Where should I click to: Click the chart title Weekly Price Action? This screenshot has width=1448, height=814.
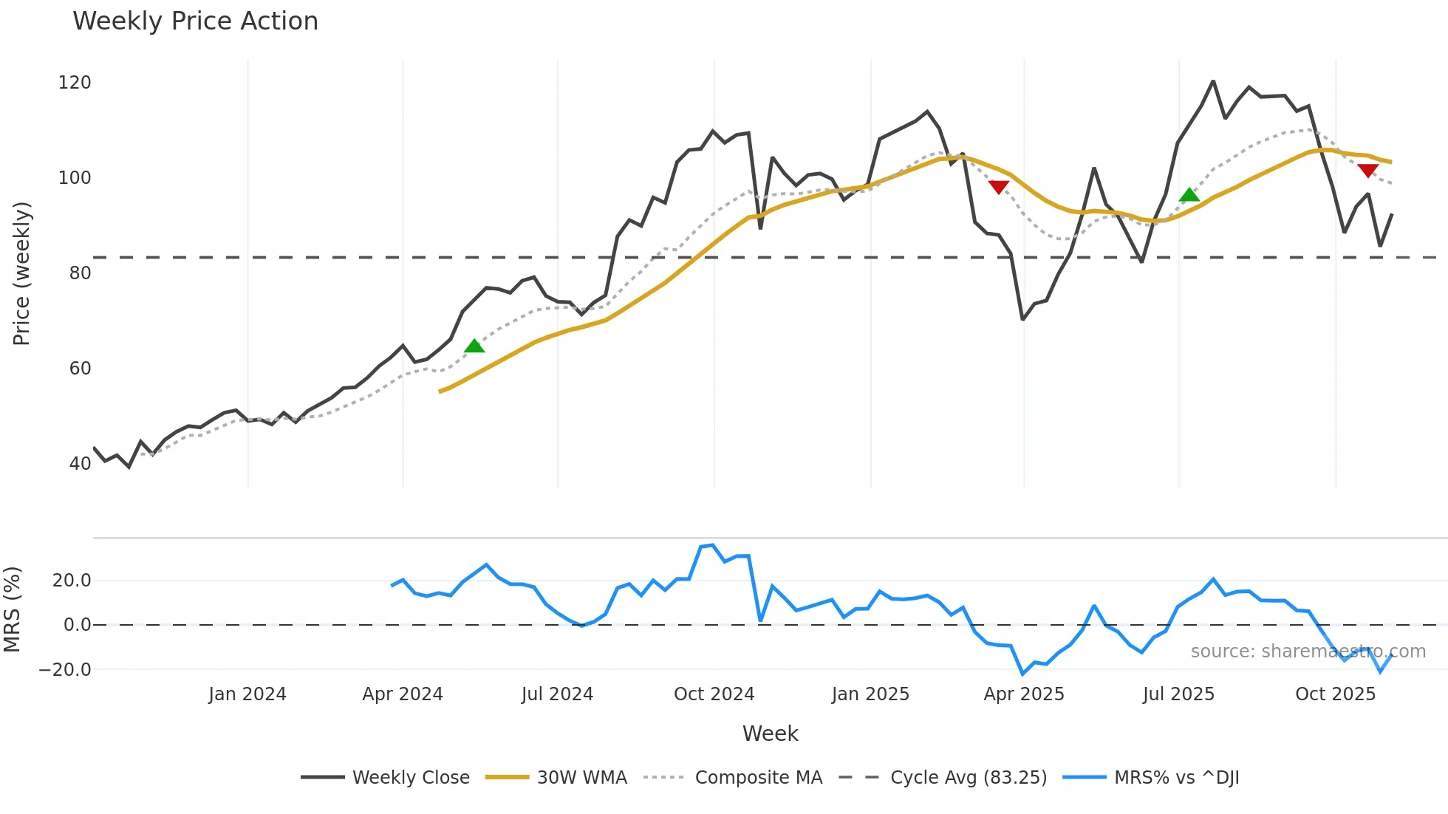pyautogui.click(x=195, y=21)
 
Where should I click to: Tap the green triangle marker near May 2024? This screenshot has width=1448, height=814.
pyautogui.click(x=474, y=346)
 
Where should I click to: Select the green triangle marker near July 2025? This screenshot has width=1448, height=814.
pyautogui.click(x=1189, y=195)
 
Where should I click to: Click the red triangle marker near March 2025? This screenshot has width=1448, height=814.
pyautogui.click(x=998, y=187)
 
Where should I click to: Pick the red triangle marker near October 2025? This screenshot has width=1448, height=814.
pyautogui.click(x=1367, y=171)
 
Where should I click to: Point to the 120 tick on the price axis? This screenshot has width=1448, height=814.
pyautogui.click(x=75, y=83)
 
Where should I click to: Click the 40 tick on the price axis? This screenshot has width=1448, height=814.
pyautogui.click(x=80, y=464)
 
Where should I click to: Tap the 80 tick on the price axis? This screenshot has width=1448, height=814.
pyautogui.click(x=80, y=273)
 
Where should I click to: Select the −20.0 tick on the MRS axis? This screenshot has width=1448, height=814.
pyautogui.click(x=65, y=670)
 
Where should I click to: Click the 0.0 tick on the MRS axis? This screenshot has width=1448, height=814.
pyautogui.click(x=77, y=625)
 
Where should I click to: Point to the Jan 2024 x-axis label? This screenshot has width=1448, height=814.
pyautogui.click(x=247, y=694)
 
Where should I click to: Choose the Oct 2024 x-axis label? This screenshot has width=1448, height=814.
pyautogui.click(x=714, y=694)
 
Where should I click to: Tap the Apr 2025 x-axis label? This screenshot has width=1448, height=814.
pyautogui.click(x=1023, y=694)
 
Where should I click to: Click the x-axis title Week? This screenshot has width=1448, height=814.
pyautogui.click(x=770, y=733)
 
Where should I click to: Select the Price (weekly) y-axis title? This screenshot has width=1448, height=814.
pyautogui.click(x=21, y=273)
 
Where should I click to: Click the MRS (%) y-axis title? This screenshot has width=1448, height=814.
pyautogui.click(x=12, y=609)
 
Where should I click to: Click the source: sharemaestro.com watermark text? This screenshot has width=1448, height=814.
pyautogui.click(x=1308, y=651)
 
